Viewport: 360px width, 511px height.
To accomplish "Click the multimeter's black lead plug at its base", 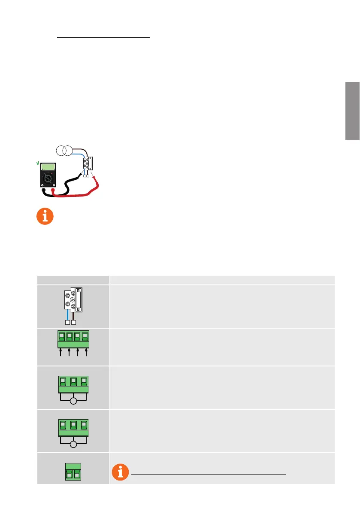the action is [x=43, y=189].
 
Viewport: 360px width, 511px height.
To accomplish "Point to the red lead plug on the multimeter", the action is [x=53, y=189].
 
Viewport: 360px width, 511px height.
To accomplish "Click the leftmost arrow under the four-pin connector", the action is [x=61, y=353].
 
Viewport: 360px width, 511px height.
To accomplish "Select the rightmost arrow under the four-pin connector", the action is [x=87, y=353].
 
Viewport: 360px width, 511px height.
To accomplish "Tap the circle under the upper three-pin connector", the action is [x=73, y=401].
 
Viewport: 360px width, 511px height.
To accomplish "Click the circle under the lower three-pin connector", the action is [x=73, y=444].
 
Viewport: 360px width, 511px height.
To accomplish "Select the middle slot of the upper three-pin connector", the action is [x=73, y=381].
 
